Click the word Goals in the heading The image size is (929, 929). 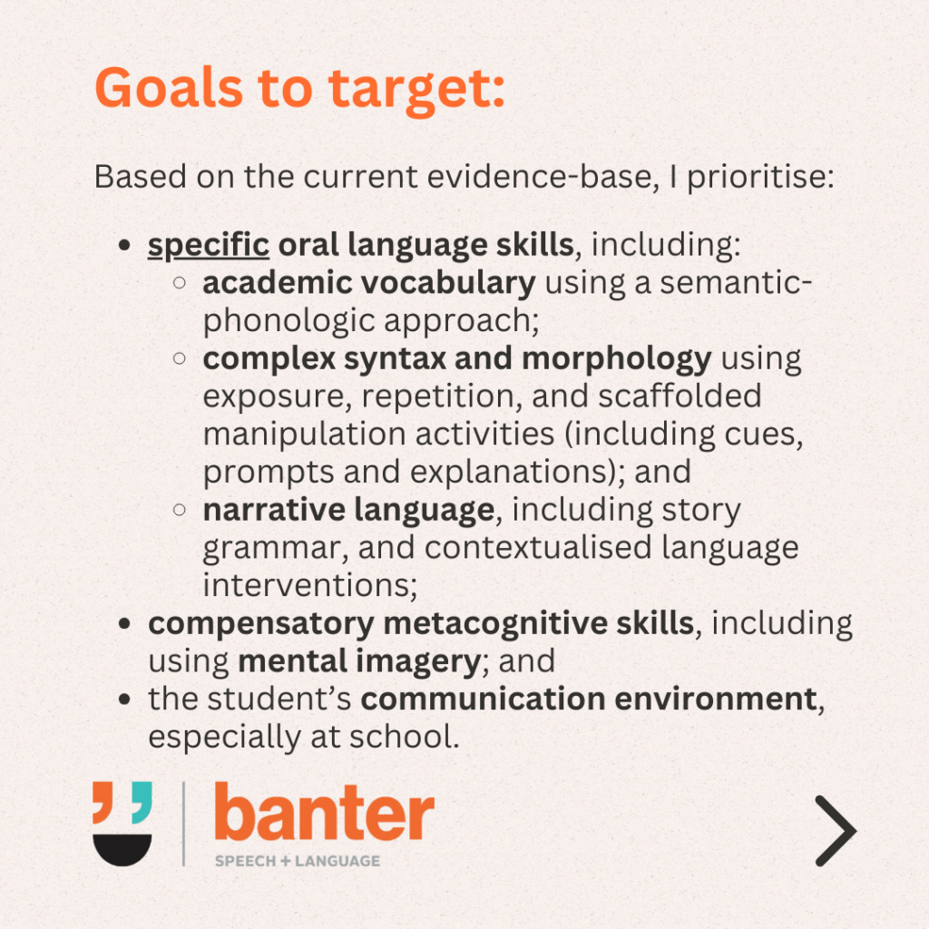pos(169,88)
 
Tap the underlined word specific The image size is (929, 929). pos(209,245)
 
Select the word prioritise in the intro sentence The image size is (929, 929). pos(761,177)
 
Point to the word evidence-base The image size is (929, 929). pos(543,177)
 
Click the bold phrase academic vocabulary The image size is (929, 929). pos(369,283)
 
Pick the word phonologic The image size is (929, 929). pos(289,321)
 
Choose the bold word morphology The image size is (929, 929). pos(617,359)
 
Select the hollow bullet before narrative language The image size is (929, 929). pos(180,510)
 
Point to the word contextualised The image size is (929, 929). pos(538,547)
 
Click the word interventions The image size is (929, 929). pos(310,585)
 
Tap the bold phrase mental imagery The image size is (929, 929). pos(359,661)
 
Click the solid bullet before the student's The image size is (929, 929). pos(124,699)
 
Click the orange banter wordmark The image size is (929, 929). pos(324,812)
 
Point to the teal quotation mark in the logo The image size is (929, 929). pos(142,802)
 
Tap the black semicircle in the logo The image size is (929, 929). pos(122,849)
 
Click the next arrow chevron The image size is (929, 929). pos(836,831)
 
